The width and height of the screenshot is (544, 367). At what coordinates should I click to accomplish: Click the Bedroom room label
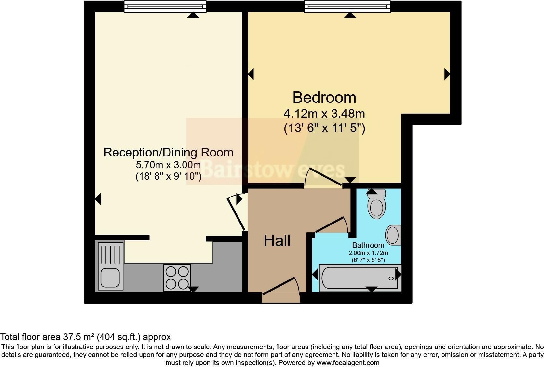(324, 97)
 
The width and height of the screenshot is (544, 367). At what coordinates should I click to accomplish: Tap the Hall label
(277, 241)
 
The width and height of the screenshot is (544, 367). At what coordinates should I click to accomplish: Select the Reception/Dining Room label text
(168, 152)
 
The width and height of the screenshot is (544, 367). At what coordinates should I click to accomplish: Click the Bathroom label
(368, 245)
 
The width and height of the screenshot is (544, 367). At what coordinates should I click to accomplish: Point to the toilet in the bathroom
(376, 205)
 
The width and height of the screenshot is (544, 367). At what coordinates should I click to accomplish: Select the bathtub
(360, 278)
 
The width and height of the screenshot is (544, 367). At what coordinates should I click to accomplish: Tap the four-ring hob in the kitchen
(177, 278)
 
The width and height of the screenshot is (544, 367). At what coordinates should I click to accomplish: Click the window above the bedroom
(347, 7)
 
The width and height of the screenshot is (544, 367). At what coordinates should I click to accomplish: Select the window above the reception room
(165, 7)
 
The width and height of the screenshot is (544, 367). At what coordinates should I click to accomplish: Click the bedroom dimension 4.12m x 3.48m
(324, 114)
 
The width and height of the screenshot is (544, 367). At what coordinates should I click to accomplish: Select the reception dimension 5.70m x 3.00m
(168, 165)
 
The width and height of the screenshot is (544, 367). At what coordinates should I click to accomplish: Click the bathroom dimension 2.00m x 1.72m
(368, 253)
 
